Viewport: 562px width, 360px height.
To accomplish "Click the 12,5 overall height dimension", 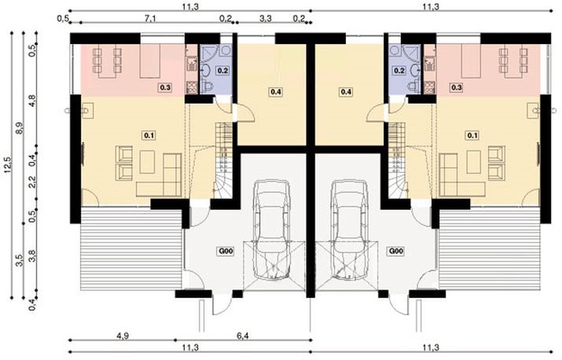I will [x=9, y=166].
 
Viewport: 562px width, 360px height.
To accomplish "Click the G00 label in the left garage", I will [x=226, y=252].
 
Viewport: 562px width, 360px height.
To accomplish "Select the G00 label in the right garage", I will [x=395, y=252].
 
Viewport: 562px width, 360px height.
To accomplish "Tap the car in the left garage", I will [x=271, y=228].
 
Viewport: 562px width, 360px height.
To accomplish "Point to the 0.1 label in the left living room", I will [x=149, y=135].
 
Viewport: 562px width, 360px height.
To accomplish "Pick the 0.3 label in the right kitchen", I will [x=457, y=88].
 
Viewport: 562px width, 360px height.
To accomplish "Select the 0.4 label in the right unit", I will [x=346, y=92].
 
